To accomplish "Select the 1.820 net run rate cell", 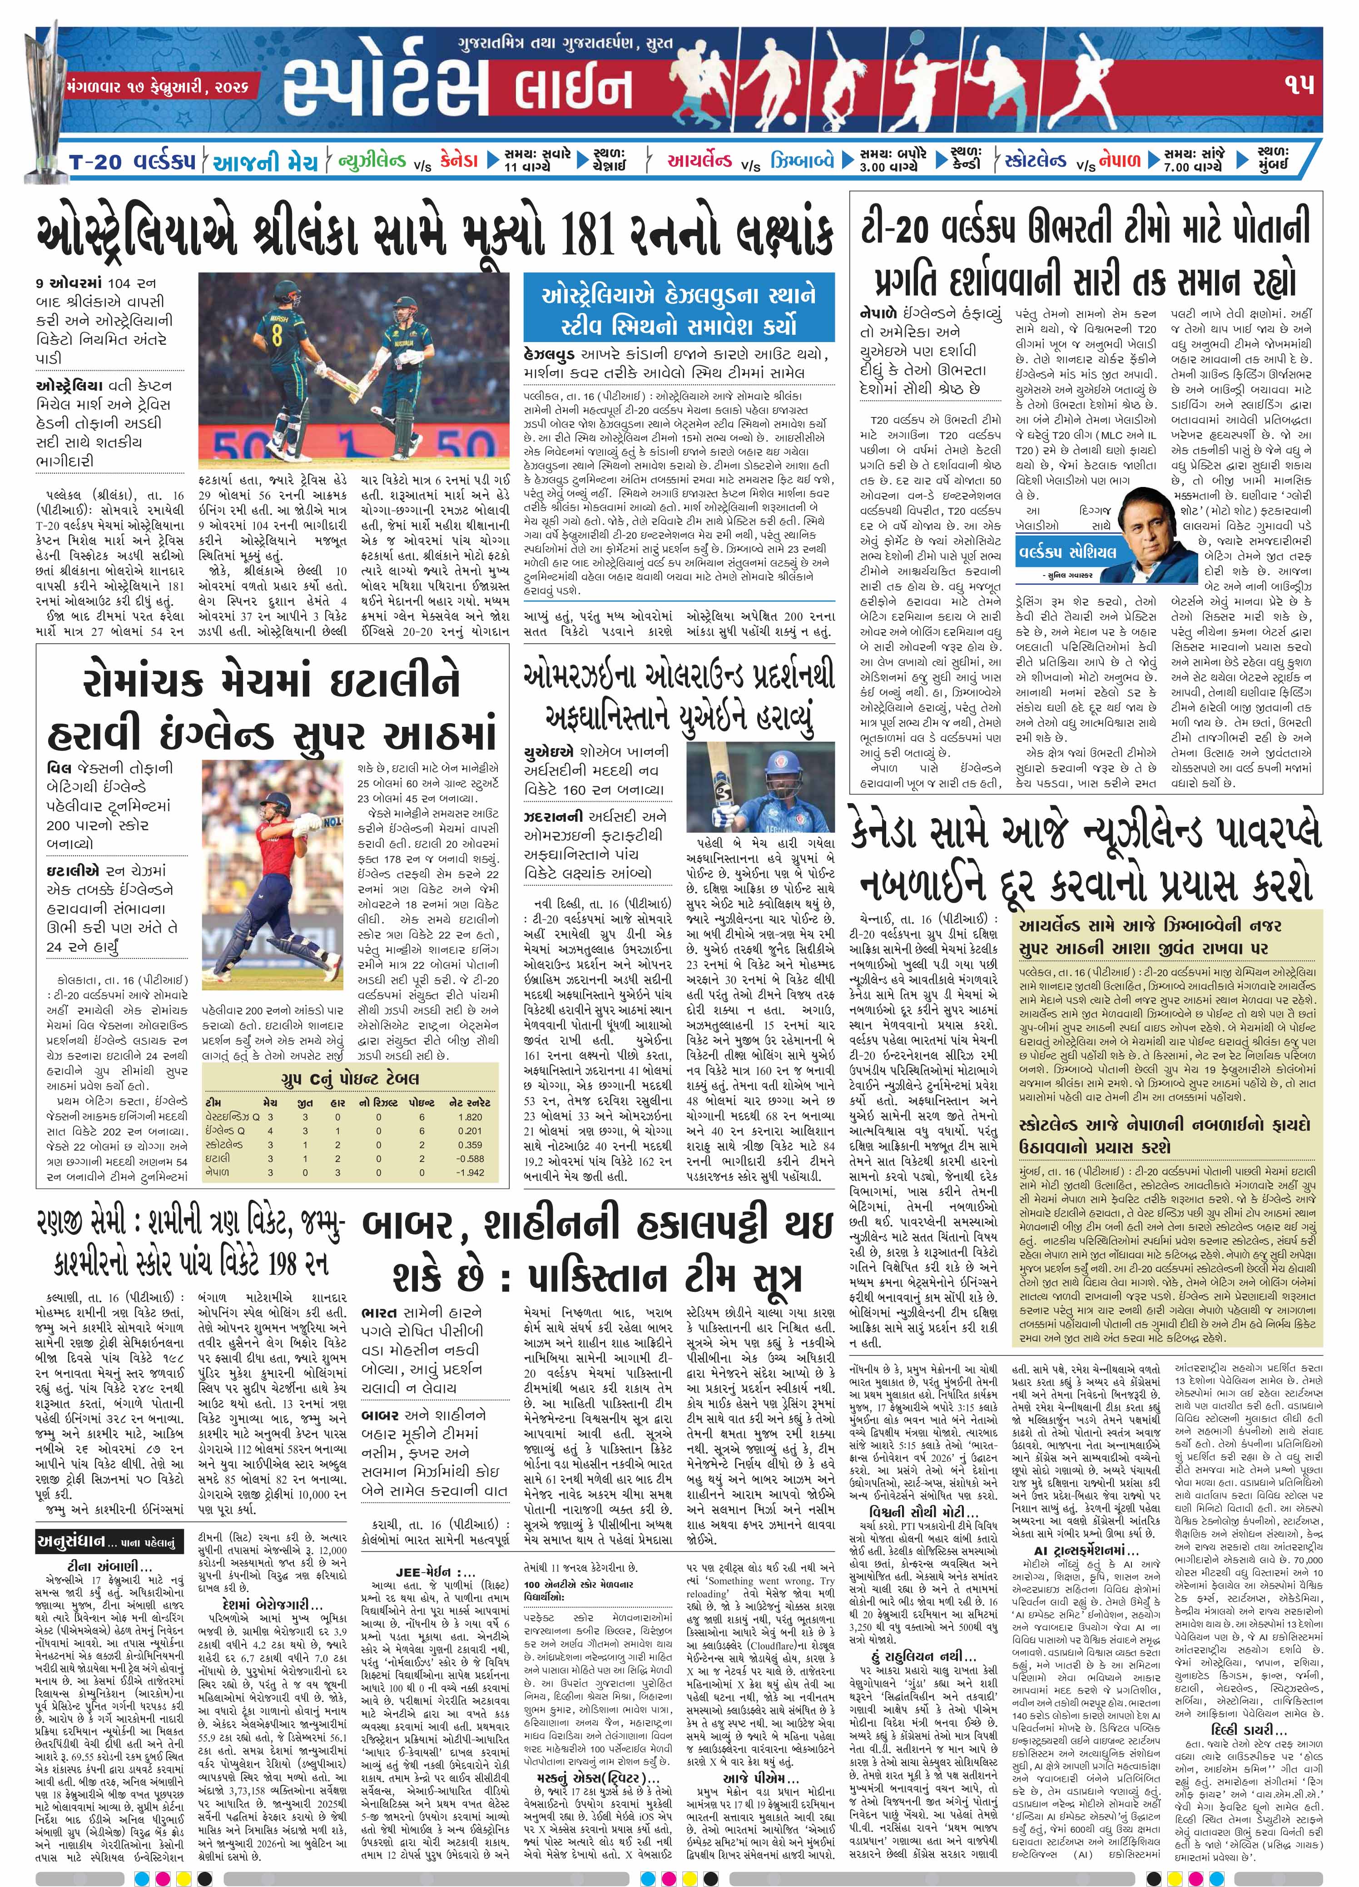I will [470, 1117].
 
